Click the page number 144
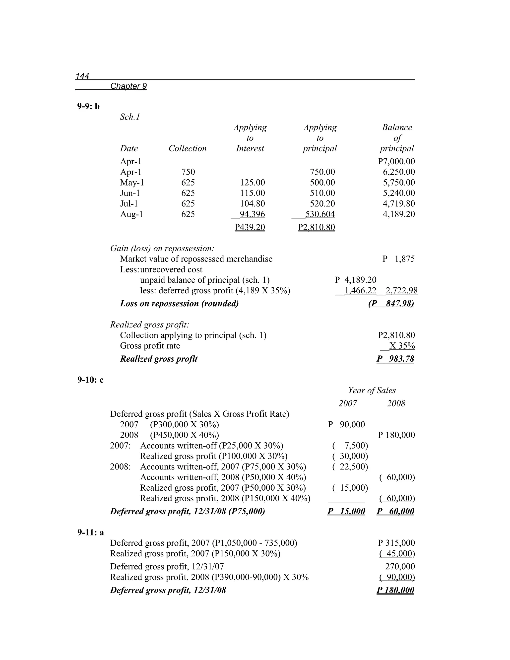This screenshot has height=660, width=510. tap(82, 76)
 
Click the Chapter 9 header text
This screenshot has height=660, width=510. tap(128, 86)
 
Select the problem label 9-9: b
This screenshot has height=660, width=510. tap(88, 106)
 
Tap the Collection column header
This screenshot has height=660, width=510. tap(187, 148)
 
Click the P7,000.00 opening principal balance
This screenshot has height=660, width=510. tap(396, 161)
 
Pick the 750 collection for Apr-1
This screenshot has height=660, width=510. tap(188, 172)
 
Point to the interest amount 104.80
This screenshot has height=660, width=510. tap(252, 204)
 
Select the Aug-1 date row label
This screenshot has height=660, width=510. tap(131, 214)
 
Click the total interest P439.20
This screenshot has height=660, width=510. tap(250, 227)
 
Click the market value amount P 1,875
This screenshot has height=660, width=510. tap(398, 259)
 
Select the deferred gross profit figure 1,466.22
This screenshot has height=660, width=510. tap(360, 291)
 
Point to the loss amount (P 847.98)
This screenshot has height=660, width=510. tap(391, 304)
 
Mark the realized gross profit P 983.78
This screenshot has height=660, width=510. tap(395, 359)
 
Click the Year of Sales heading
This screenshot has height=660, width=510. tap(372, 391)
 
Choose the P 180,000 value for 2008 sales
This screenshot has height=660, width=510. tap(396, 435)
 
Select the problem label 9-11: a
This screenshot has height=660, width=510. tap(90, 532)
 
